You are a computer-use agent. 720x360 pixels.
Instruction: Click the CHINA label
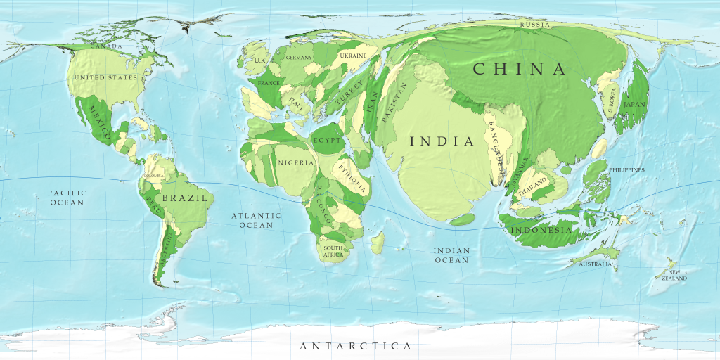[520, 69]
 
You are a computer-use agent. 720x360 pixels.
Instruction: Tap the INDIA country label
[442, 141]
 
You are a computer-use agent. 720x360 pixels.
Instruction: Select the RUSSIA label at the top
[535, 25]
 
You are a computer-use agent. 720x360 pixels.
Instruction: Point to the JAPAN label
[634, 105]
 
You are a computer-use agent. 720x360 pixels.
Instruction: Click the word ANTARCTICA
[355, 347]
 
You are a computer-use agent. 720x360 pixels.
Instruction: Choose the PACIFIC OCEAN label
[67, 198]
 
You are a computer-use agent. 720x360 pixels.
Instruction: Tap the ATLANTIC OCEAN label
[256, 220]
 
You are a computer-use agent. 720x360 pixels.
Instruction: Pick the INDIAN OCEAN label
[451, 255]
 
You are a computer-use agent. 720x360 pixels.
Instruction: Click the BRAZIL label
[185, 198]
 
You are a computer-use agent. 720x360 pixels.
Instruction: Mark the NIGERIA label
[295, 163]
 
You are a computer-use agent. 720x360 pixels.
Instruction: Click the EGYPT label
[326, 141]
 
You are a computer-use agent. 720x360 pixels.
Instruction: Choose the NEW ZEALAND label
[673, 275]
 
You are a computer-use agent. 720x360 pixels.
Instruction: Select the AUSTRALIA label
[596, 265]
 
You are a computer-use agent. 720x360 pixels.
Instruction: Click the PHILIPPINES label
[626, 170]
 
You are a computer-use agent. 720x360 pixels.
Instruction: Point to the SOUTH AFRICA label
[333, 251]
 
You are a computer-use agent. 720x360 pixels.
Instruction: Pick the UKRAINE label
[353, 56]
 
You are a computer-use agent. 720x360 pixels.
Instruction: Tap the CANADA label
[106, 46]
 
